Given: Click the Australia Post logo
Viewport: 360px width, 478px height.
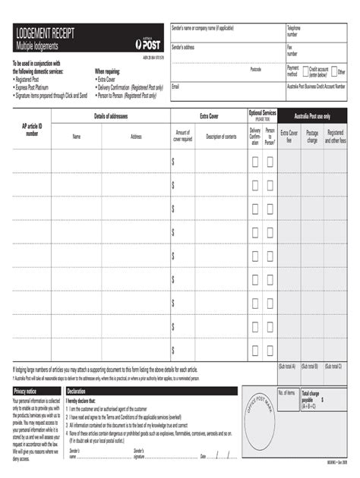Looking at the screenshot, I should point(147,44).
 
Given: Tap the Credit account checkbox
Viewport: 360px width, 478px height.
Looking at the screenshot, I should point(305,71).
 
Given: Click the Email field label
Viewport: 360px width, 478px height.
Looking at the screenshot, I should point(175,86).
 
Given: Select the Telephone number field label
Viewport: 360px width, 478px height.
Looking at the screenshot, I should point(293,31).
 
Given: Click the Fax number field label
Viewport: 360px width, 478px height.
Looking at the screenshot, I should point(292,50).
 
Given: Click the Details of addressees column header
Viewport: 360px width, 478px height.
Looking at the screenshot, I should point(110,116).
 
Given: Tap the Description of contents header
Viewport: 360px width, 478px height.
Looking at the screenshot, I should point(221,137).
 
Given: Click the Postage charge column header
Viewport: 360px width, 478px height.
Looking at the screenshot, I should point(312,137).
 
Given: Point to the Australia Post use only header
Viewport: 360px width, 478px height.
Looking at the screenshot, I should point(312,116).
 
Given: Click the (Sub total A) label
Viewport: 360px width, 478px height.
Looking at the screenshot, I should point(287,366).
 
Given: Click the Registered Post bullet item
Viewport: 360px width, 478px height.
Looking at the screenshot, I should point(32,78).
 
